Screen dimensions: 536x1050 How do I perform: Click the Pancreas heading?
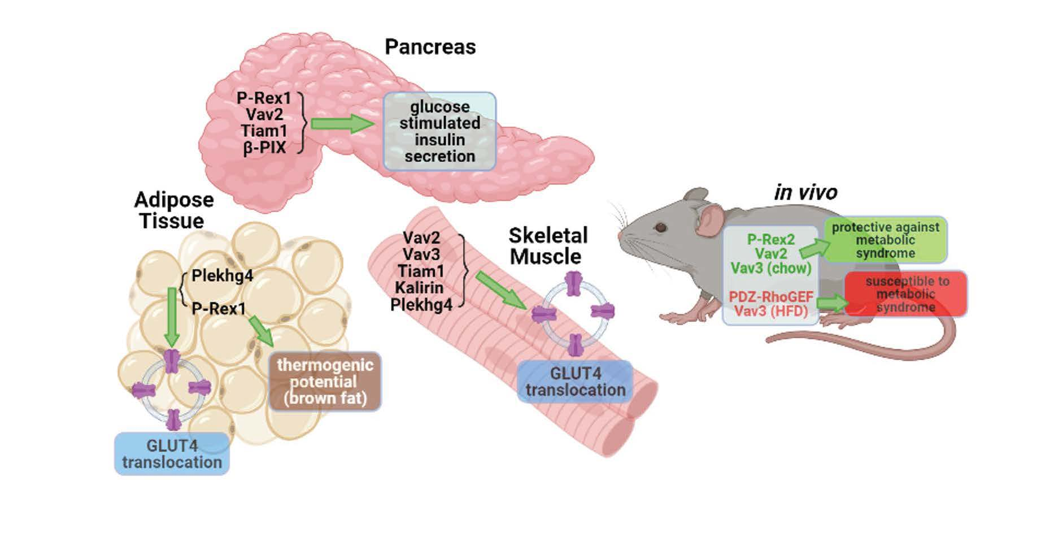tap(430, 46)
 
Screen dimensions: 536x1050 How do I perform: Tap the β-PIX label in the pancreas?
tap(264, 148)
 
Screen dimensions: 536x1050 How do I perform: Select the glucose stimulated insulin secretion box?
tap(439, 131)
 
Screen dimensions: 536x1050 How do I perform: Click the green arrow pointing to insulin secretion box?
tap(342, 124)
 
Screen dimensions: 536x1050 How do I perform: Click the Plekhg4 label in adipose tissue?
tap(222, 276)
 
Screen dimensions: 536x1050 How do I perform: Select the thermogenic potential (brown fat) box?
tap(325, 382)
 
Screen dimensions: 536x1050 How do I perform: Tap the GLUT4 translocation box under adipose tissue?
tap(172, 453)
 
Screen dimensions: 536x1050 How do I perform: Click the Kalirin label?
tap(419, 288)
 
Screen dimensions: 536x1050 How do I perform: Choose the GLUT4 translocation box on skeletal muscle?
tap(575, 382)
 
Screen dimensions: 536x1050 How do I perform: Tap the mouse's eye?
tap(660, 227)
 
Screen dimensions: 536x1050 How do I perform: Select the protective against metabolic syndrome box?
tap(885, 240)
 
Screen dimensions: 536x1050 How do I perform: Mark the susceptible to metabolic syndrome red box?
tap(905, 294)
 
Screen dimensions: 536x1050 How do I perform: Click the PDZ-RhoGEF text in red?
tap(770, 296)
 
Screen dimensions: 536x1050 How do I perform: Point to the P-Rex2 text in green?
tap(770, 240)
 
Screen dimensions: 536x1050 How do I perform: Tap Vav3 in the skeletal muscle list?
tap(421, 254)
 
